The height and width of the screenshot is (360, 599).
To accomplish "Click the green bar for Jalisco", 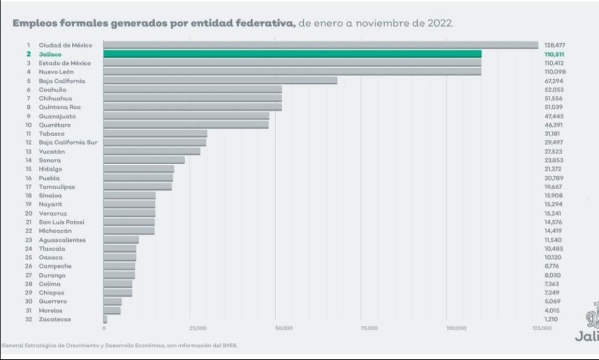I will click(292, 54).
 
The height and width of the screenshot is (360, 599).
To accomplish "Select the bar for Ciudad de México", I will click(321, 45).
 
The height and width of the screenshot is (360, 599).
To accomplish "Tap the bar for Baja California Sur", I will click(155, 143).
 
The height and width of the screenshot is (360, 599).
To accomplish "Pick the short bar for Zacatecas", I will click(105, 319).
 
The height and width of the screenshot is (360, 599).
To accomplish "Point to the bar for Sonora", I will click(144, 160).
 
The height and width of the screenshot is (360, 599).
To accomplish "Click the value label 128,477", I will click(554, 45).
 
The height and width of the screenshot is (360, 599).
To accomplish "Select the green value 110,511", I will click(554, 54).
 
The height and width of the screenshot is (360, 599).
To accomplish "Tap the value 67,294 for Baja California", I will click(554, 81).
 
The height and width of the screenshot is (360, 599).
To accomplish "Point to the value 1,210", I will click(551, 320).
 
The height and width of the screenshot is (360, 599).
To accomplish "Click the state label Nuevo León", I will click(56, 72).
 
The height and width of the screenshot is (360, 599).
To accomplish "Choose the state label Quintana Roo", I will click(59, 107).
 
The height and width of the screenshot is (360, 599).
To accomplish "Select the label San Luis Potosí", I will click(62, 222).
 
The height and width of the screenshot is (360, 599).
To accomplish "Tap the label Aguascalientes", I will click(62, 240).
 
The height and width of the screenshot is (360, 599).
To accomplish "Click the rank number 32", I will click(28, 320).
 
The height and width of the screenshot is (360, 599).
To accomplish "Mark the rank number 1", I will click(28, 45).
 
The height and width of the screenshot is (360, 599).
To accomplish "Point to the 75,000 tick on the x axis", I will click(369, 328).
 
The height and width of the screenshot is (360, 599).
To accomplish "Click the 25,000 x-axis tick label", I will click(198, 328).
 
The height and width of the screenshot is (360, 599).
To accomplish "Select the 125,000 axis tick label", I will click(542, 328).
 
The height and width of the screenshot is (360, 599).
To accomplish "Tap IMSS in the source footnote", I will click(230, 346).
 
